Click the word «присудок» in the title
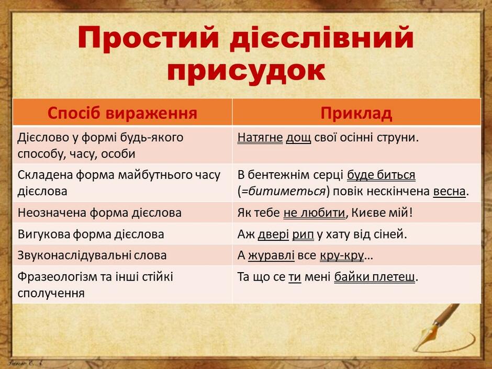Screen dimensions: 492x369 [x=246, y=71]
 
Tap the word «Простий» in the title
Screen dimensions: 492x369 [x=148, y=38]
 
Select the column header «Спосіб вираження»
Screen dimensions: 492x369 [x=122, y=113]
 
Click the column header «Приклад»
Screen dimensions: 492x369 [x=356, y=113]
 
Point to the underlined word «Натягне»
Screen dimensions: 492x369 [x=260, y=138]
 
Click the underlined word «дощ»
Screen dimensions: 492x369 [x=298, y=138]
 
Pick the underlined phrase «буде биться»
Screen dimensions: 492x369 [x=381, y=175]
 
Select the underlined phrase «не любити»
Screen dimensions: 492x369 [x=315, y=213]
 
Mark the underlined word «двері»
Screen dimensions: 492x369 [x=273, y=234]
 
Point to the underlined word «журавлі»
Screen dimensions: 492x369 [x=271, y=255]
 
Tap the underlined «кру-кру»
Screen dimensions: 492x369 [x=342, y=256]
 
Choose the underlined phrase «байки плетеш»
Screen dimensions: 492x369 [x=374, y=277]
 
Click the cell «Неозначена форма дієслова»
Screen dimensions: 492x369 [x=99, y=213]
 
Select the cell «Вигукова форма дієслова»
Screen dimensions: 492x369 [x=91, y=234]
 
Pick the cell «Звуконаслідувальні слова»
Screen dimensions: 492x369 [x=92, y=255]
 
